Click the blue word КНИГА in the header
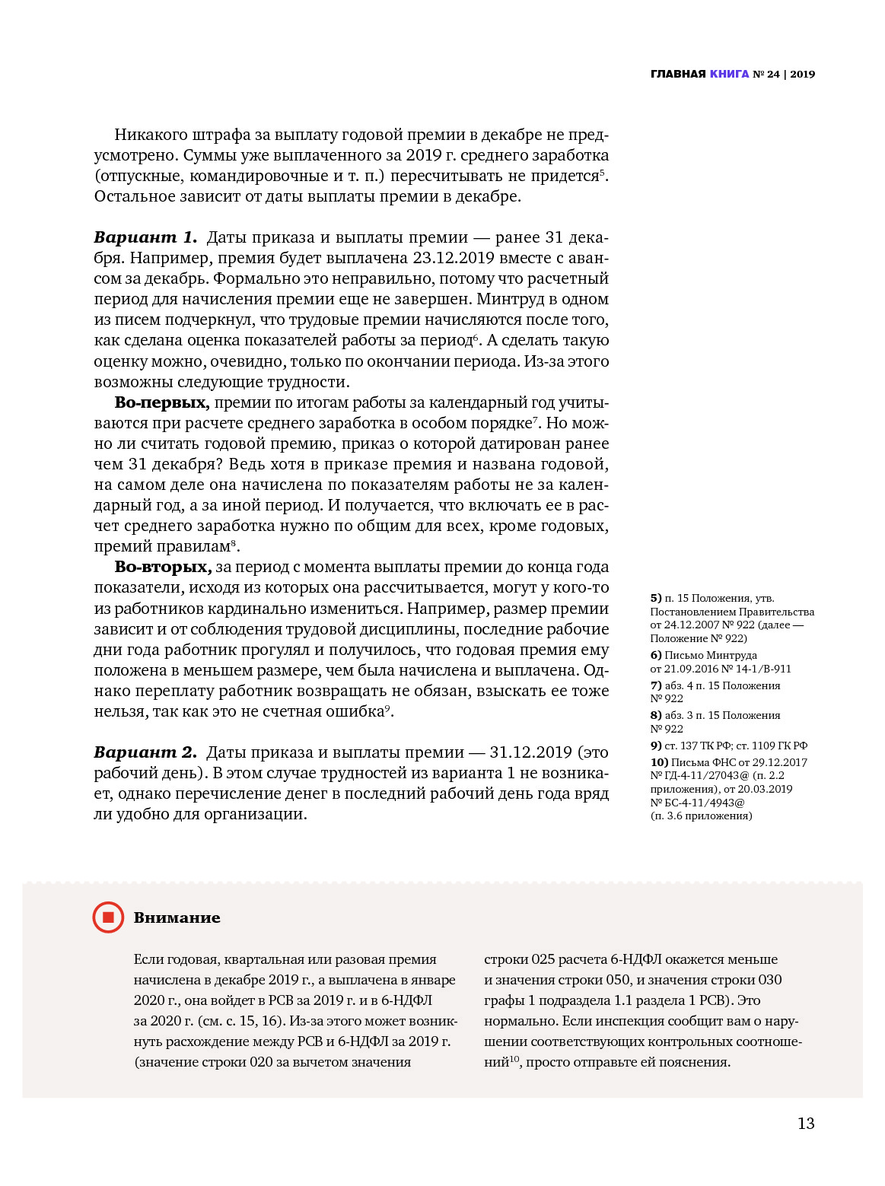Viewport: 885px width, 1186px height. pyautogui.click(x=729, y=75)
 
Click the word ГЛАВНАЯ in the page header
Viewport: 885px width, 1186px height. pyautogui.click(x=678, y=75)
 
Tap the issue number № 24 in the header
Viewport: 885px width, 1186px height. pyautogui.click(x=766, y=75)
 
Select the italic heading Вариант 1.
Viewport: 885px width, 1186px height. pyautogui.click(x=145, y=237)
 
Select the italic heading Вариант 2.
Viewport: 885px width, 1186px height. pyautogui.click(x=145, y=752)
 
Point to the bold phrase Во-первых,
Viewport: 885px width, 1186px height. pyautogui.click(x=161, y=402)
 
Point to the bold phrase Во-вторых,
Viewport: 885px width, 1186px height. pyautogui.click(x=163, y=567)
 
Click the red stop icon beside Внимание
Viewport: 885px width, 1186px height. pyautogui.click(x=108, y=917)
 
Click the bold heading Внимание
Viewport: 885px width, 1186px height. pyautogui.click(x=177, y=918)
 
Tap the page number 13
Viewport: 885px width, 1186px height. pyautogui.click(x=806, y=1124)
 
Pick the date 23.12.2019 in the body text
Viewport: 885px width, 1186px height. pyautogui.click(x=454, y=258)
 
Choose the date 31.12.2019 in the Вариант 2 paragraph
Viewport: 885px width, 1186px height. pyautogui.click(x=530, y=752)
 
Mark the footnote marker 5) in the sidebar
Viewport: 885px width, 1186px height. pyautogui.click(x=656, y=599)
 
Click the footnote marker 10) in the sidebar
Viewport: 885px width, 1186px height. pyautogui.click(x=659, y=762)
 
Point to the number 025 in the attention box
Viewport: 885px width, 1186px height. pyautogui.click(x=543, y=959)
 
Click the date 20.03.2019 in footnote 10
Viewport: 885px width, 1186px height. pyautogui.click(x=765, y=789)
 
